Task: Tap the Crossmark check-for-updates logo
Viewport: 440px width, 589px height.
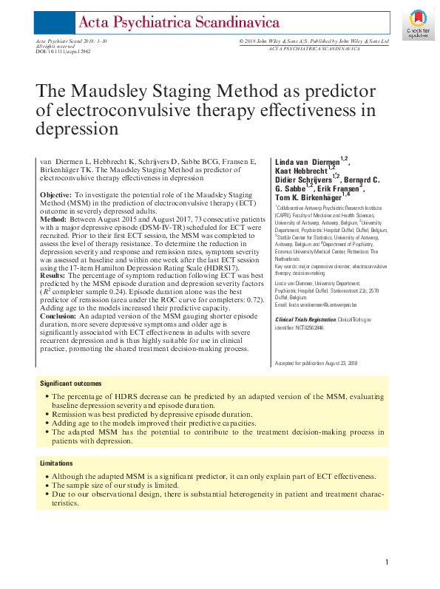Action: pyautogui.click(x=417, y=24)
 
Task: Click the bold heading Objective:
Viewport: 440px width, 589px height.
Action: pyautogui.click(x=55, y=193)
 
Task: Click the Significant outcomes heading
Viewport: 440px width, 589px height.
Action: pyautogui.click(x=71, y=384)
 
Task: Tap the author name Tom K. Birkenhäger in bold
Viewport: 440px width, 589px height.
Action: pyautogui.click(x=306, y=197)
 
